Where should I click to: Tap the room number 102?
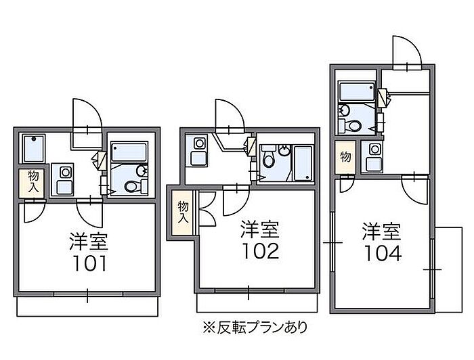pos(260,251)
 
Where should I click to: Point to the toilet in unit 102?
pos(268,162)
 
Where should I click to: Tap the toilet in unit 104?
pos(353,125)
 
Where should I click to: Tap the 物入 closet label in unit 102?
pos(183,212)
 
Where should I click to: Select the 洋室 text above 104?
pos(381,231)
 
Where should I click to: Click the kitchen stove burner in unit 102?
pos(200,143)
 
